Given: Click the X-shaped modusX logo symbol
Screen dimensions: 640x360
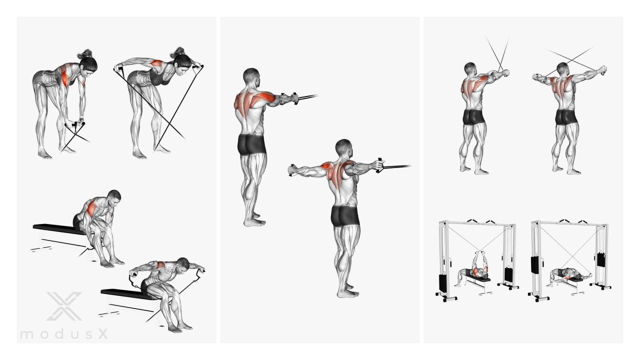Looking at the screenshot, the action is click(64, 306).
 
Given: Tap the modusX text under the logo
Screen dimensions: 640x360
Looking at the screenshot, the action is click(64, 334).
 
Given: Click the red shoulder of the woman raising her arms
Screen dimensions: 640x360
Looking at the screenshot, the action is click(157, 63).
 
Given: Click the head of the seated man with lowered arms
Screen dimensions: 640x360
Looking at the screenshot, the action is click(114, 197).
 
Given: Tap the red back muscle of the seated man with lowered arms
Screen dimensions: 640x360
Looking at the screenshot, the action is click(92, 208).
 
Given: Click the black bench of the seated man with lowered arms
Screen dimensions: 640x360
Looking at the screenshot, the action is click(59, 229).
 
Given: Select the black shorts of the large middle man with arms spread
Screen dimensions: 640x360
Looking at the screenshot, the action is click(344, 216).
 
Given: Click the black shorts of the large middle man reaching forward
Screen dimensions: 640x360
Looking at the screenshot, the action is click(251, 144).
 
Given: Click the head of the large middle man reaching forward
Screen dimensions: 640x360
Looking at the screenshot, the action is click(251, 76).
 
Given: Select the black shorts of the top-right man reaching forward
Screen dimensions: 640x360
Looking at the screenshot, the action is click(473, 117).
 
